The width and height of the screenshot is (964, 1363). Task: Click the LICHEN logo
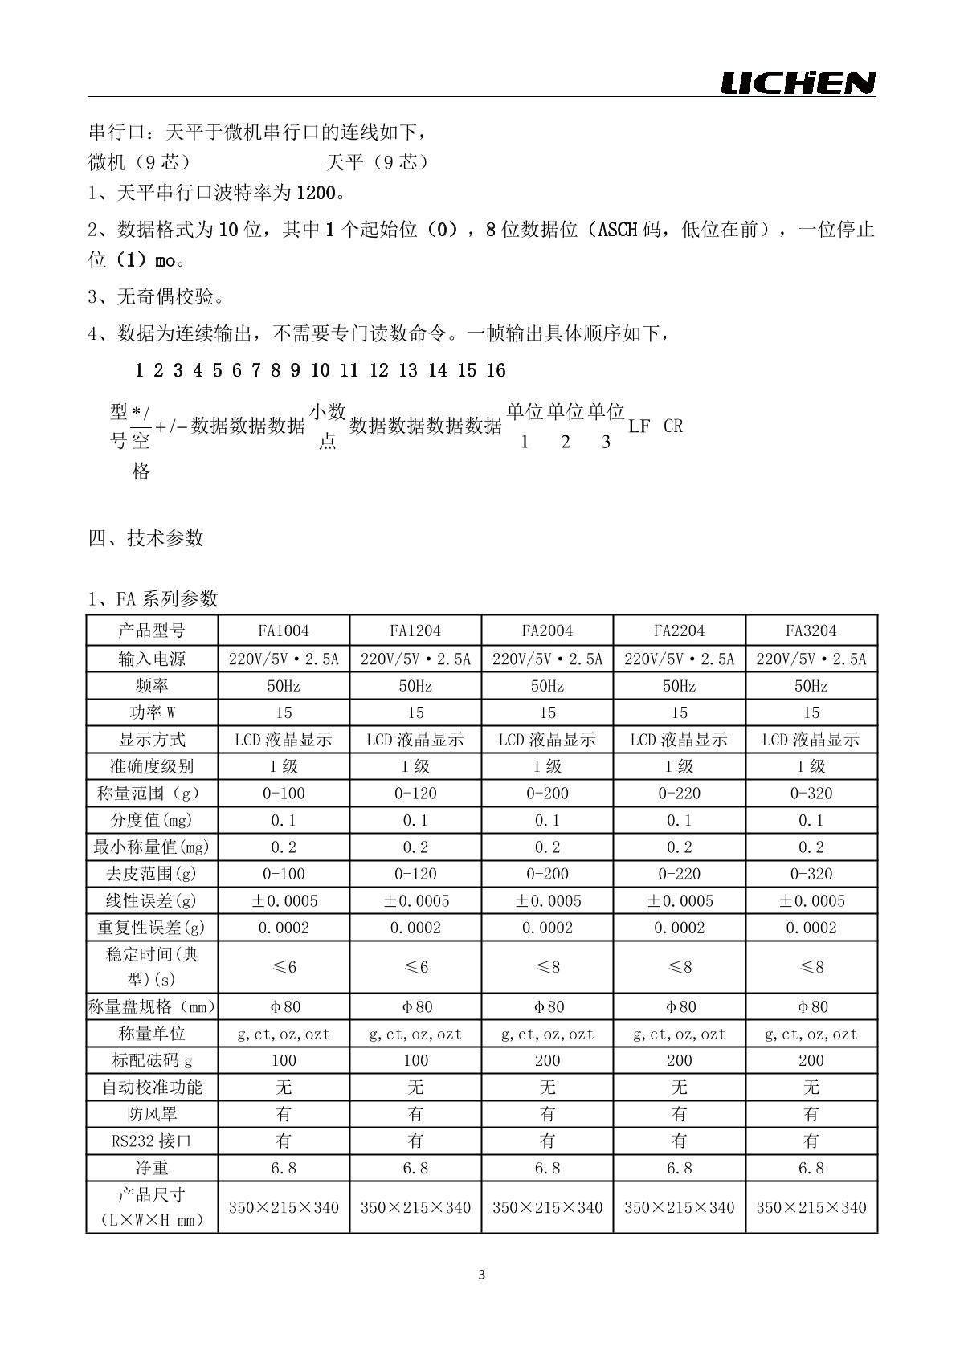798,83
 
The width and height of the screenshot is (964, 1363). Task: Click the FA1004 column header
284,630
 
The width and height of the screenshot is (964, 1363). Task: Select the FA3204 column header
811,630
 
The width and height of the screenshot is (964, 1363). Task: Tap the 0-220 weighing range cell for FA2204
680,794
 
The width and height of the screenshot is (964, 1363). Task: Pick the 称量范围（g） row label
152,794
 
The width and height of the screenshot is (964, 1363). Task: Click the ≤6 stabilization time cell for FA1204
415,966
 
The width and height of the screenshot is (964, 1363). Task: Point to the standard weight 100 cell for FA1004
284,1060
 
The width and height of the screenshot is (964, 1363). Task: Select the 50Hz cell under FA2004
547,686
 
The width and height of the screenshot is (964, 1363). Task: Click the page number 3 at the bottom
482,1275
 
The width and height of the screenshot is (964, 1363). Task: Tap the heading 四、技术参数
146,538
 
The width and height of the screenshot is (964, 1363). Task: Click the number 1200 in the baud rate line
314,193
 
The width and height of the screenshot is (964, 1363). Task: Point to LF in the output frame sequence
639,426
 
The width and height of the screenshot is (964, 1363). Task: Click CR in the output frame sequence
673,426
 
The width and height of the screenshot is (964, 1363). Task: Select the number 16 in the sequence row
496,370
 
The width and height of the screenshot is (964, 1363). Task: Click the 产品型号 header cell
152,630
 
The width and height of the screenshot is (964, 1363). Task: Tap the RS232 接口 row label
152,1141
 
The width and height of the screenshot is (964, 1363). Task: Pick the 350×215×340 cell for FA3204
811,1207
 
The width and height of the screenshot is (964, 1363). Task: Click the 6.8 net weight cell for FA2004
547,1168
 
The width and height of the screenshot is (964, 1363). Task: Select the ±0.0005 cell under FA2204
680,901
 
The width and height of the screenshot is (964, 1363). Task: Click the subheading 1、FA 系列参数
153,598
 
